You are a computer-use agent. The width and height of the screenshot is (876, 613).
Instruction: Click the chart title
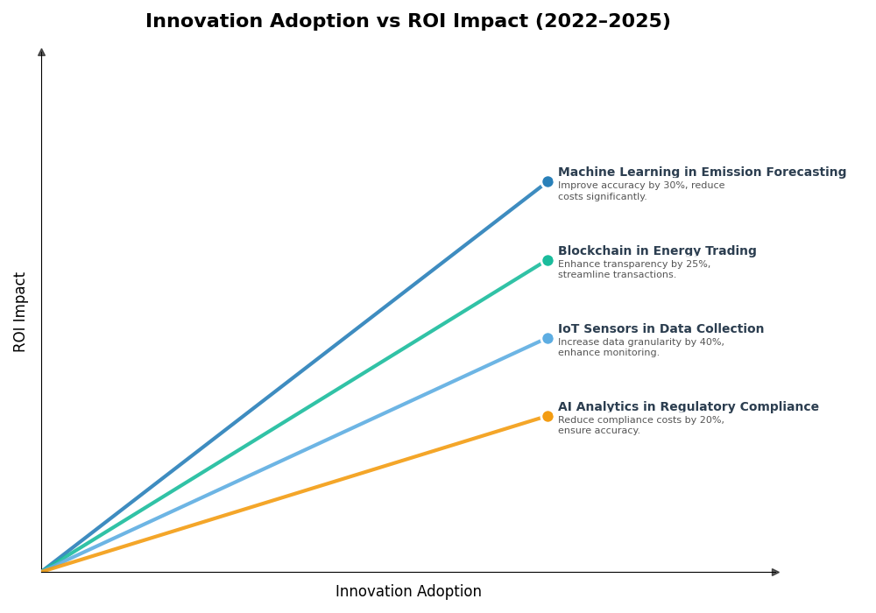(x=407, y=22)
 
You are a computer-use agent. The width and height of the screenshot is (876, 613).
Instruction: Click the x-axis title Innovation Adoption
(x=408, y=592)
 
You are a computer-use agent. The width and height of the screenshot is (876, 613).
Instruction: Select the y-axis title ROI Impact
(x=20, y=312)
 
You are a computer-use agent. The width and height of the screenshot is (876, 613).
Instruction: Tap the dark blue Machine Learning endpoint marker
(x=547, y=182)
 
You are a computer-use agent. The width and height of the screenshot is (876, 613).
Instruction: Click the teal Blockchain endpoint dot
(x=547, y=260)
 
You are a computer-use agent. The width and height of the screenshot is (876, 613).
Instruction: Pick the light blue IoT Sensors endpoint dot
(x=547, y=338)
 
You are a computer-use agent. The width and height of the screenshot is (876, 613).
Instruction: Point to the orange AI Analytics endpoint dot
(x=547, y=416)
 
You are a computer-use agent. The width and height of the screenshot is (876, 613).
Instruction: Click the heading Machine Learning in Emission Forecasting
(x=702, y=173)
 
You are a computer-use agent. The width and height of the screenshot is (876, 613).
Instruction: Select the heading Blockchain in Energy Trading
(x=657, y=251)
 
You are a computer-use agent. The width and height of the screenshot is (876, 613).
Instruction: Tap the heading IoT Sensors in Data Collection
(x=661, y=329)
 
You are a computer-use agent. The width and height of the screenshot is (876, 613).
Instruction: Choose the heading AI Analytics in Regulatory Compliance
(x=688, y=407)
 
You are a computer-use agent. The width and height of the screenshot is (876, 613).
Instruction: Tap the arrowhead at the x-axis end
(x=775, y=572)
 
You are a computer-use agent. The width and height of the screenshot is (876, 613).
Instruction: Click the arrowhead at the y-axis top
(x=41, y=53)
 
